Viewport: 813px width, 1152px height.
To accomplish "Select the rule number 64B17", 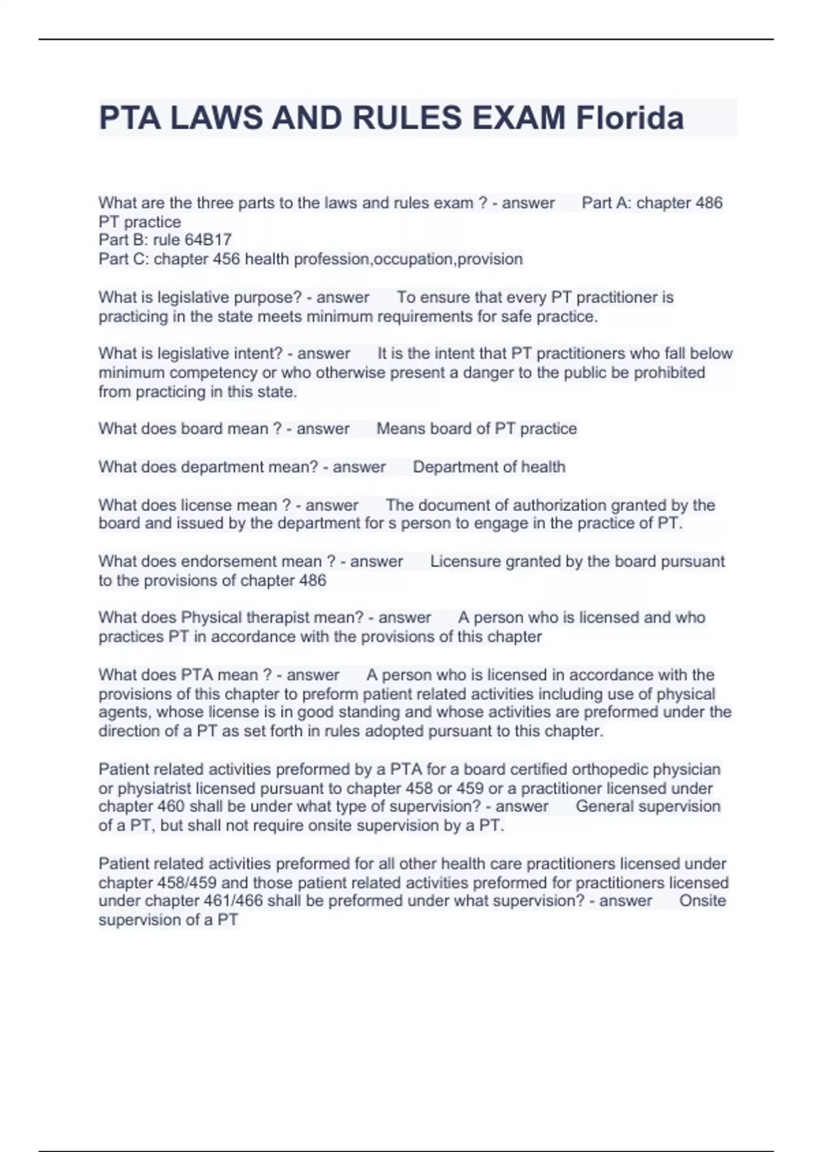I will tap(208, 240).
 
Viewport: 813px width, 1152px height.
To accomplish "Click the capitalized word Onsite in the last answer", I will tap(703, 901).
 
